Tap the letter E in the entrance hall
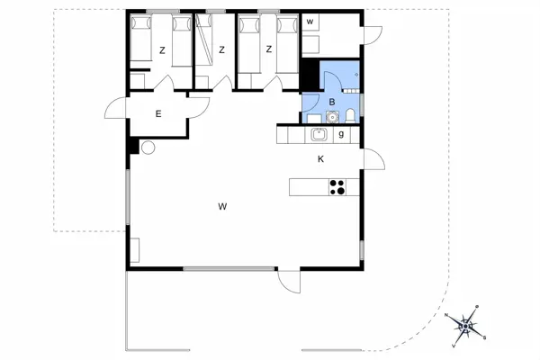tap(157, 113)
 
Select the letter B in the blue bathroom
tap(332, 102)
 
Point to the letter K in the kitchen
tap(320, 159)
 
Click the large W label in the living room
tap(221, 207)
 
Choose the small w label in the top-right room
tap(310, 21)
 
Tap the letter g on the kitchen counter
tap(341, 135)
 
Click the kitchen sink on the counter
tap(318, 135)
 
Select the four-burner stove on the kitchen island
tap(337, 187)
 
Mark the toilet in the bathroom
tap(349, 114)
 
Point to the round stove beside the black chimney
tap(148, 148)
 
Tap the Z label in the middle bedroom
tap(221, 50)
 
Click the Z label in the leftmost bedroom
tap(162, 50)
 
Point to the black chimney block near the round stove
tap(133, 147)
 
